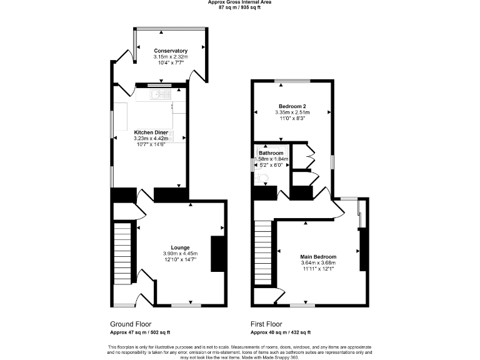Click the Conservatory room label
(x=171, y=51)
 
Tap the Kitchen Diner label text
(x=151, y=132)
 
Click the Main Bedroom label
(x=318, y=257)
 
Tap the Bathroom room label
(x=271, y=153)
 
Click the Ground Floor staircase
(x=122, y=253)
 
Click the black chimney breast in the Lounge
(x=217, y=254)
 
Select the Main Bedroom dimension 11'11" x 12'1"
(x=318, y=269)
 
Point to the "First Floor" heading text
(x=267, y=324)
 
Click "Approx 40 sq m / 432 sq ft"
(x=281, y=332)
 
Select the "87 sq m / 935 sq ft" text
(x=239, y=7)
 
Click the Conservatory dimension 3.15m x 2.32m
(x=171, y=57)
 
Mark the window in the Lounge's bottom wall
(x=181, y=305)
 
